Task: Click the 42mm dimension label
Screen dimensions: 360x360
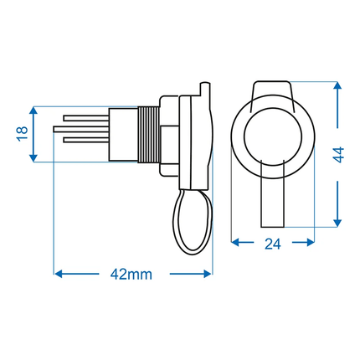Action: tap(131, 275)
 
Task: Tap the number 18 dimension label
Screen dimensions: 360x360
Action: tap(23, 134)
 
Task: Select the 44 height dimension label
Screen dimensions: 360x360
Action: tap(339, 154)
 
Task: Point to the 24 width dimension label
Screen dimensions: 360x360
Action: tap(273, 244)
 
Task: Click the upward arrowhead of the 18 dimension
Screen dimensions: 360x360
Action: tap(33, 111)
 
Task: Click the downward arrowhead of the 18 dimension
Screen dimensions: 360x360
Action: tap(33, 158)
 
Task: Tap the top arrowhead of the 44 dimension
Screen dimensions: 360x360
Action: tap(337, 85)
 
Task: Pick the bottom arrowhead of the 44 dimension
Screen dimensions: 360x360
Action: tap(337, 223)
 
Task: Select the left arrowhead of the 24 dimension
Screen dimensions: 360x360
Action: tap(235, 242)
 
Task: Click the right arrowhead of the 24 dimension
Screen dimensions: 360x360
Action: tap(311, 242)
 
